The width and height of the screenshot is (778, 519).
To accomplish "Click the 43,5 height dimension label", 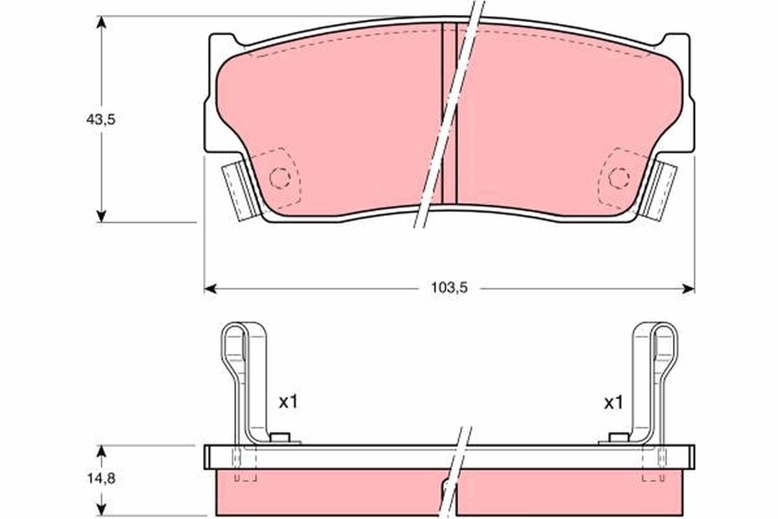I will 100,119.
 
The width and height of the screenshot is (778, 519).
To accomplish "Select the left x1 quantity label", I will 288,402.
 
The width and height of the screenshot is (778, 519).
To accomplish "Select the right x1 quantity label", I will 613,402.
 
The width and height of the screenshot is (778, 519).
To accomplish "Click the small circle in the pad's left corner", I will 279,176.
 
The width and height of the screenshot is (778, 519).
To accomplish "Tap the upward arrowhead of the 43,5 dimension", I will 100,21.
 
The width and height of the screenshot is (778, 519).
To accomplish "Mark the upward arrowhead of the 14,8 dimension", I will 100,450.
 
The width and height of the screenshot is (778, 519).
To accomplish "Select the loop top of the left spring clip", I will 235,328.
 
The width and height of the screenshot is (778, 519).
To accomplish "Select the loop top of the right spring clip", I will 665,328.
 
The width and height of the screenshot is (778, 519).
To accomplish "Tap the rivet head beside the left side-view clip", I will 281,438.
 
